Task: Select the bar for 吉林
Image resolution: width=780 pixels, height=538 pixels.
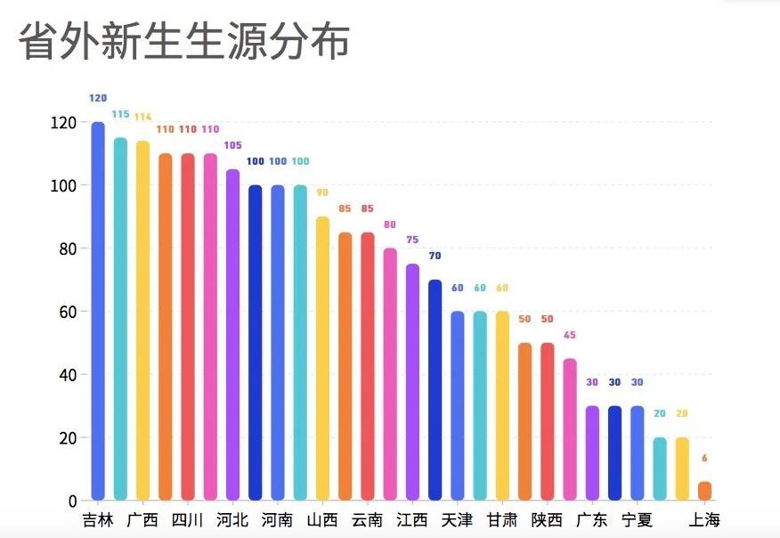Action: [x=98, y=312]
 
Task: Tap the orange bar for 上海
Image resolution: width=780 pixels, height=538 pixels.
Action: [x=704, y=491]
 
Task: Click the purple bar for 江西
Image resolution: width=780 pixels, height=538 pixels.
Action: [x=412, y=382]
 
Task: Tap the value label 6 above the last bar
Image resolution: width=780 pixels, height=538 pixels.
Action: [x=704, y=459]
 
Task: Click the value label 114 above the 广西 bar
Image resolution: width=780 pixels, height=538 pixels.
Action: [x=142, y=118]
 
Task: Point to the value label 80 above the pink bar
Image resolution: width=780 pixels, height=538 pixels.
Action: [x=390, y=224]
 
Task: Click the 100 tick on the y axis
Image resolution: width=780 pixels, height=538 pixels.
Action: [x=66, y=186]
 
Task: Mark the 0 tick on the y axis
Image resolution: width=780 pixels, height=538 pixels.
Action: [x=72, y=501]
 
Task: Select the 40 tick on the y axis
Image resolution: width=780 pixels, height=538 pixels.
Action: [x=69, y=375]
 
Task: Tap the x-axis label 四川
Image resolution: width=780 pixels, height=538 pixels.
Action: [x=187, y=520]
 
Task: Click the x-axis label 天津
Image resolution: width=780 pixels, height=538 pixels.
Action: [x=457, y=520]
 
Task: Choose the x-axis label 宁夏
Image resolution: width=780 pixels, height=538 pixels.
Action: [x=637, y=520]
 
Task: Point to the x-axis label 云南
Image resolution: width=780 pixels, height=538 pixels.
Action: [x=367, y=520]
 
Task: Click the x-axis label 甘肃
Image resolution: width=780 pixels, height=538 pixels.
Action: [x=502, y=520]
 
